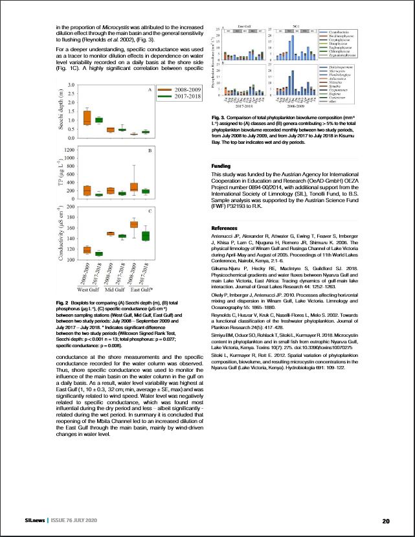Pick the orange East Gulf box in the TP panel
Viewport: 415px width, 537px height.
(134, 187)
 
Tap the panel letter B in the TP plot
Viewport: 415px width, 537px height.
(150, 150)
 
